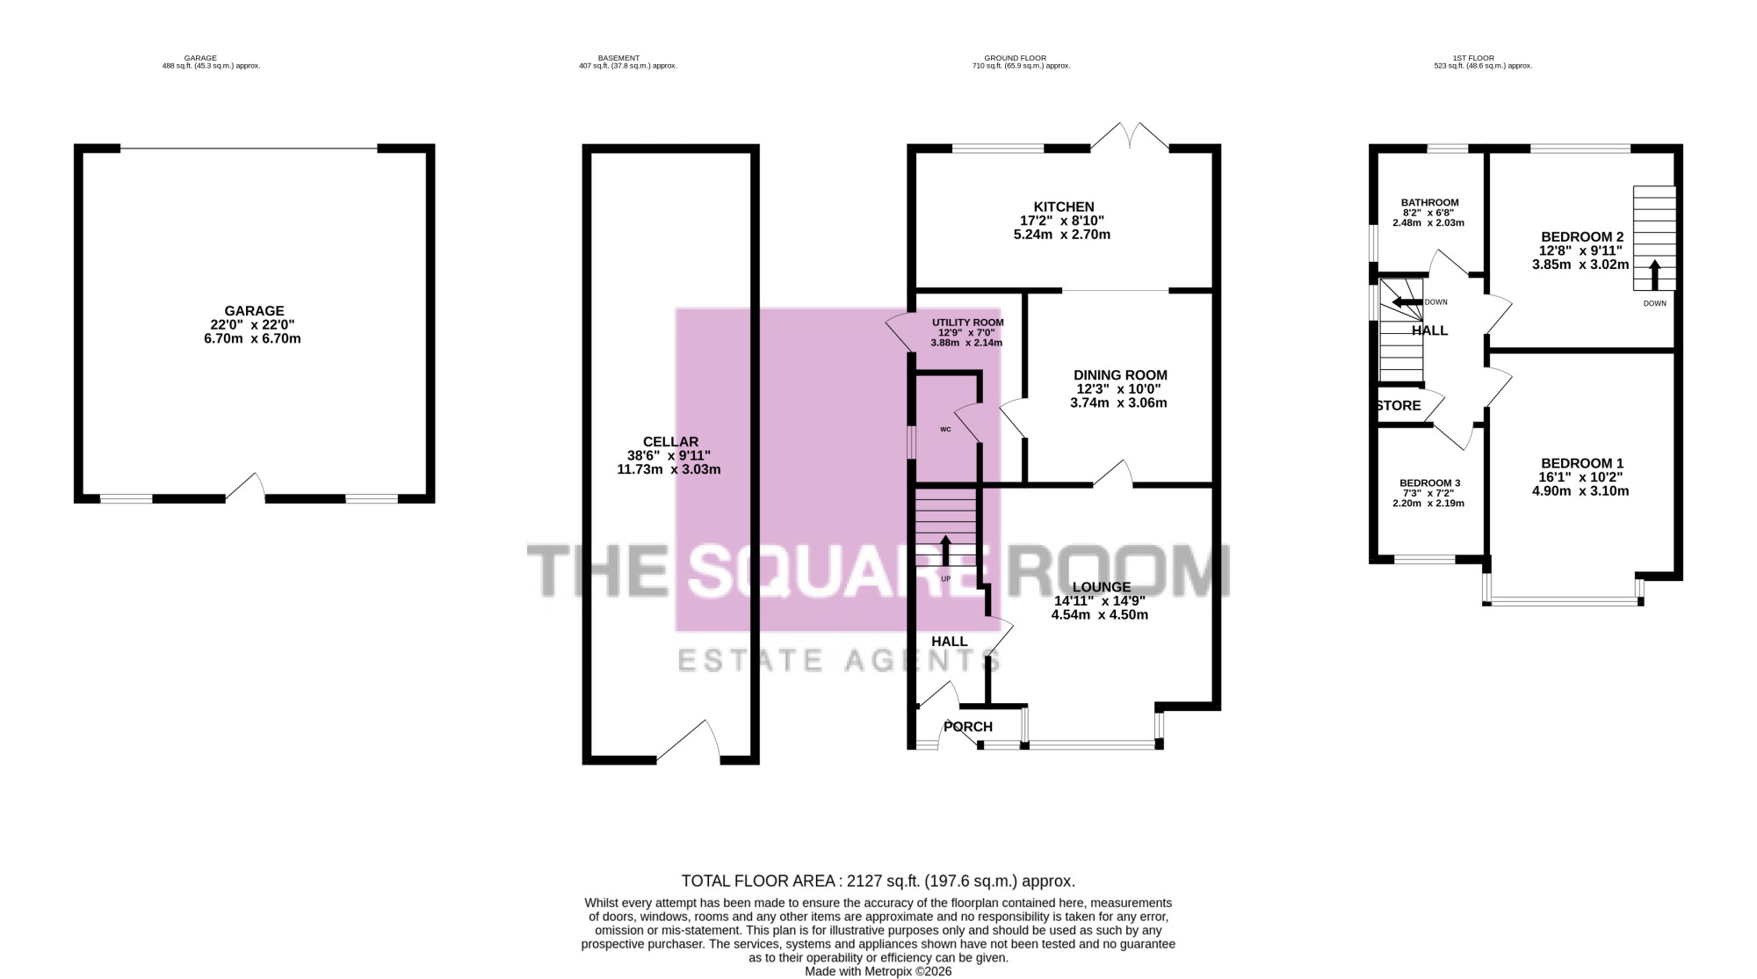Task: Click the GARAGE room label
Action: [254, 311]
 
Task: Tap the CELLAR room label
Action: [670, 442]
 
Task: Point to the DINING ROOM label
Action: [1120, 375]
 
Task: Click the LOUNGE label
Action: [1102, 587]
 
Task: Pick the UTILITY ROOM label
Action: [968, 323]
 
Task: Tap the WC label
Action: [945, 430]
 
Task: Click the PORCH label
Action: [968, 727]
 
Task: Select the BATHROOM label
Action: [1430, 203]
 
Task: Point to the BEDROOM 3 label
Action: [1430, 483]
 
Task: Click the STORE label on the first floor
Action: [1399, 406]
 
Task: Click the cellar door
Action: [689, 741]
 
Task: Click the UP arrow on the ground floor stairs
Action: [945, 550]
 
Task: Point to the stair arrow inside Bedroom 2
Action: [1654, 274]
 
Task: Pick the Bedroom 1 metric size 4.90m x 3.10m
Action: [1580, 491]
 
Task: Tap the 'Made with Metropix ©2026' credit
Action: [878, 971]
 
